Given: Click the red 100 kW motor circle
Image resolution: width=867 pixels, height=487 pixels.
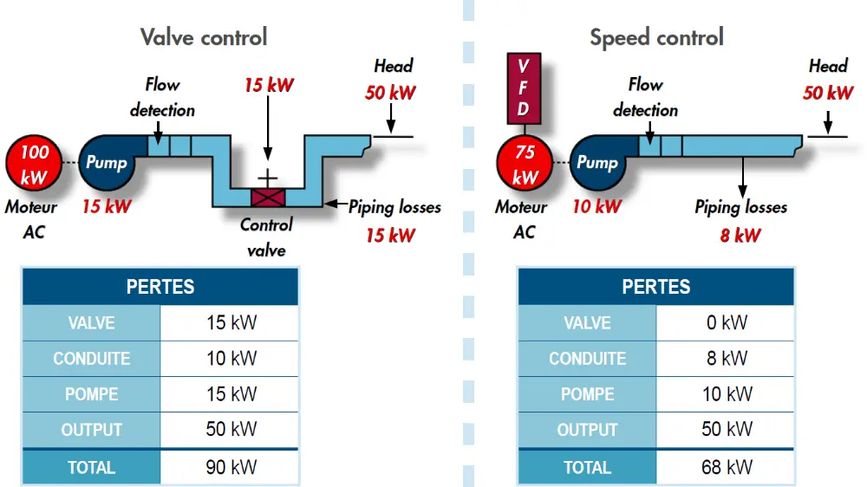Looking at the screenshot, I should pos(34,165).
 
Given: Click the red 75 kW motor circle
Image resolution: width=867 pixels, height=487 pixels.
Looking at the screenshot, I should pos(525,165).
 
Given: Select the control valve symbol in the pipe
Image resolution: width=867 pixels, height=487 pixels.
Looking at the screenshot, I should pos(268,197).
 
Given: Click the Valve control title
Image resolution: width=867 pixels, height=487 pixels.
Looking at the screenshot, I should pos(204,37).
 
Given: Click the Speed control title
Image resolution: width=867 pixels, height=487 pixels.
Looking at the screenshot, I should pos(656,37).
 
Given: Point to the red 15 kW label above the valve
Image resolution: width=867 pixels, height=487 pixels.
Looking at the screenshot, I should pos(268,85).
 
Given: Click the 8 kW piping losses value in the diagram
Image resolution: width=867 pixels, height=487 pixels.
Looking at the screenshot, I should pos(740,235).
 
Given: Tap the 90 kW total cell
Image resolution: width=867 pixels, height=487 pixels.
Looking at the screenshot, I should pos(231,467).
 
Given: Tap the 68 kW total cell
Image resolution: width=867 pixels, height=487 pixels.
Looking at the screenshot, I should pos(726,467).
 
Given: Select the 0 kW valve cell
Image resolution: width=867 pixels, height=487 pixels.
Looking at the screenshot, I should pos(726,323).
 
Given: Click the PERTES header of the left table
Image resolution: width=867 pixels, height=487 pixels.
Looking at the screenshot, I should pos(160,287).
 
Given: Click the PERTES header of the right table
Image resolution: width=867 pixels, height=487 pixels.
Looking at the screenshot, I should pos(655,287).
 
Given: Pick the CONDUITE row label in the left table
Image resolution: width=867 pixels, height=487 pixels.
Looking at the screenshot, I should pos(91,359).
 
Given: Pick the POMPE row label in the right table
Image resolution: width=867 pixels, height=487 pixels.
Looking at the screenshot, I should pos(587,394).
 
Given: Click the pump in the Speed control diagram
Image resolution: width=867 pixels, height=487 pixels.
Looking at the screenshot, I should pos(598,163).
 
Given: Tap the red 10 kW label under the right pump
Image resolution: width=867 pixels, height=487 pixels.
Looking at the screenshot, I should pos(596,206).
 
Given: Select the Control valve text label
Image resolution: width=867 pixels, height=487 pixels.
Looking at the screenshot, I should pos(266,237).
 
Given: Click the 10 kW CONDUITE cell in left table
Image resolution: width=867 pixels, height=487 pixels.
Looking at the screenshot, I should pos(231,359).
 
